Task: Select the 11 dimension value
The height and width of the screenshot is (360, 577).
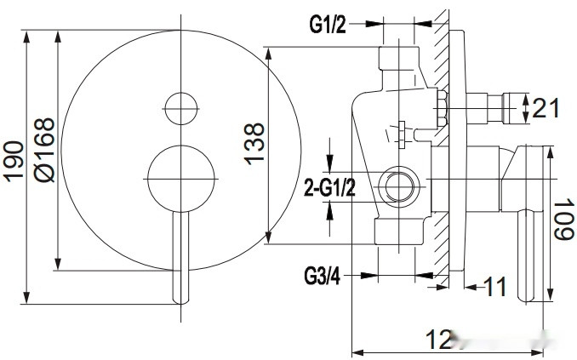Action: pos(495,287)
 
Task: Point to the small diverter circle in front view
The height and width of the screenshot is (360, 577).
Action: pos(180,106)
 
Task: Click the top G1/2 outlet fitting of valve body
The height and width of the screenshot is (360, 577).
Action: pos(399,61)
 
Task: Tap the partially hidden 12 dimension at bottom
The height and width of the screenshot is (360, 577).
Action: pos(440,340)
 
